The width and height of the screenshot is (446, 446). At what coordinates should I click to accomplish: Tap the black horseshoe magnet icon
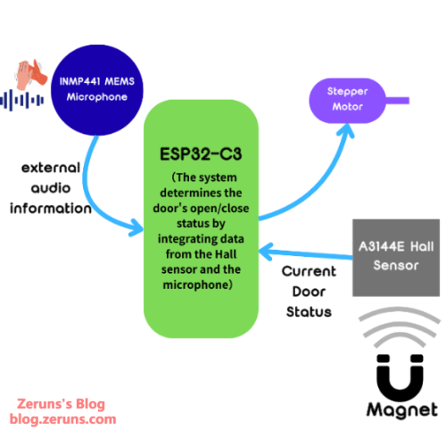click(x=394, y=379)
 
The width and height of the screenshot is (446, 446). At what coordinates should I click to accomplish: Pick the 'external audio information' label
click(x=51, y=187)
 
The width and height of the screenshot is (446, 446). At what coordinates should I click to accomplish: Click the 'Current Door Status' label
click(x=309, y=292)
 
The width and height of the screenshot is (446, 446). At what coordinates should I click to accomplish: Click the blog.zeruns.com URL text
click(x=63, y=418)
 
